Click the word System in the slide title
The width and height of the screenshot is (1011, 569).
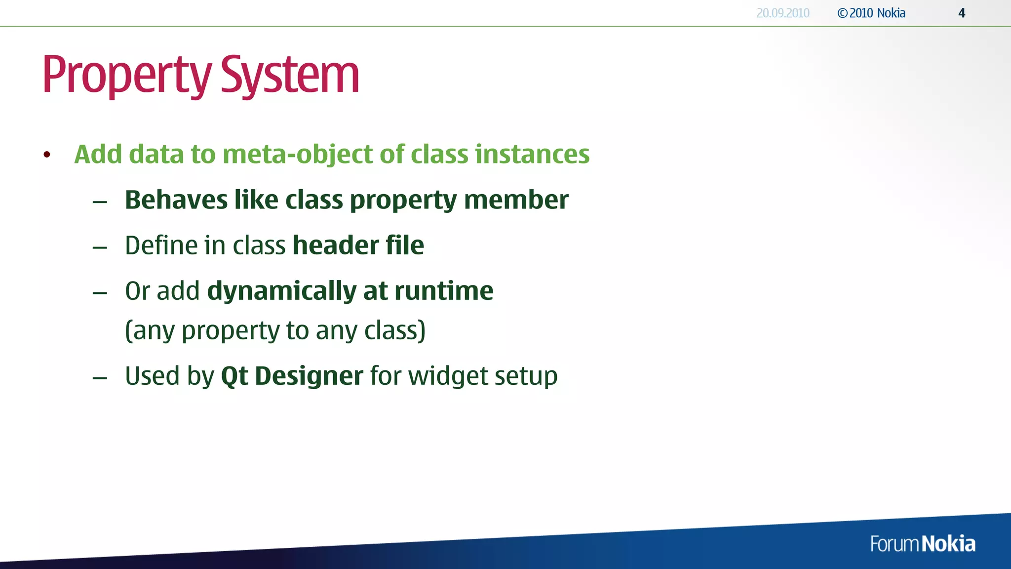point(290,75)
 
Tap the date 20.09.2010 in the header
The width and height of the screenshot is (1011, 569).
point(783,13)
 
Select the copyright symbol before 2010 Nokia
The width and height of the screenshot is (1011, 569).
point(842,13)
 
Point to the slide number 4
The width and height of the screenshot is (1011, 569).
point(962,13)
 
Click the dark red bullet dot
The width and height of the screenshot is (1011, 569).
point(47,155)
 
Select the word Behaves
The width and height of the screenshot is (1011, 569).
point(176,200)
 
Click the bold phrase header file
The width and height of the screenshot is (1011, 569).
point(358,245)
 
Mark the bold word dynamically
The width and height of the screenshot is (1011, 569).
point(281,291)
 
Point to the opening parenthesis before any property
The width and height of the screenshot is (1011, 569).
point(128,330)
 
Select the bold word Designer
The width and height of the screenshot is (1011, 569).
point(309,376)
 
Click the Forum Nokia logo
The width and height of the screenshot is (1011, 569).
point(922,544)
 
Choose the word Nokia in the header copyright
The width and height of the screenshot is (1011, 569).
point(891,13)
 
